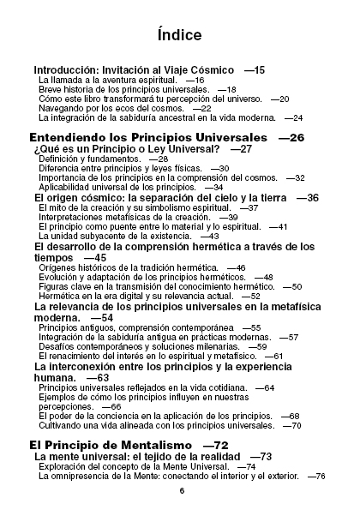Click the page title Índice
pos(179,35)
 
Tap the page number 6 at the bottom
pos(181,491)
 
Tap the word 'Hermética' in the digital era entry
pos(59,295)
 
